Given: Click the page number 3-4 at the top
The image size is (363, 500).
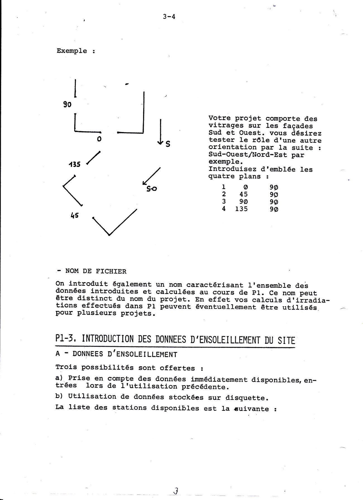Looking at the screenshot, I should [169, 16].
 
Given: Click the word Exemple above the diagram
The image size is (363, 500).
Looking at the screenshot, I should [72, 51].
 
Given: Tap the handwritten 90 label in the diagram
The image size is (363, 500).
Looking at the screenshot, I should [67, 104].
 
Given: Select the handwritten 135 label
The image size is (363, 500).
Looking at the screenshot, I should [75, 164].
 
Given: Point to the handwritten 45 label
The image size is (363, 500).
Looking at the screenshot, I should [74, 215].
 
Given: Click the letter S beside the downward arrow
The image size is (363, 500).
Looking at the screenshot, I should [168, 144].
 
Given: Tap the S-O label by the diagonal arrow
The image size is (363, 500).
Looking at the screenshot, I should [152, 189].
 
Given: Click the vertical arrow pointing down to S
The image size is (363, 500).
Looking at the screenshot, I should [161, 131].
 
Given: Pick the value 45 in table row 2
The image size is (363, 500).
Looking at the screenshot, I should [243, 194].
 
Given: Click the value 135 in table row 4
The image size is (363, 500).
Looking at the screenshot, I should [241, 209].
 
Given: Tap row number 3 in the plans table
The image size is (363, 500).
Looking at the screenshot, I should [224, 201].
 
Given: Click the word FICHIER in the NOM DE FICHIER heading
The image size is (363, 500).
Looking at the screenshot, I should [111, 271].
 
